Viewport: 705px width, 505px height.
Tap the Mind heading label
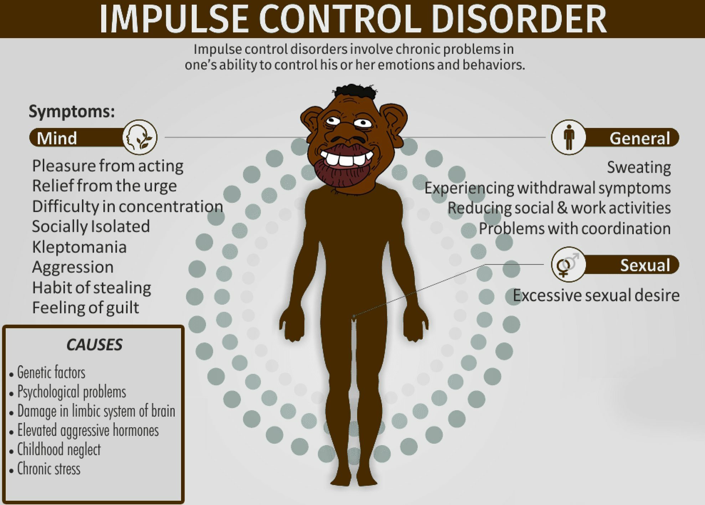pos(57,138)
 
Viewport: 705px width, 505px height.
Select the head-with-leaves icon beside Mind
pos(140,137)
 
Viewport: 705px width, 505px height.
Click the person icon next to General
pos(569,137)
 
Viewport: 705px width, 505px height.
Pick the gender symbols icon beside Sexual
pos(568,264)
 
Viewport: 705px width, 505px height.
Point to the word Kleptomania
pos(79,247)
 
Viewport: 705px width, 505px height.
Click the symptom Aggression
pos(73,267)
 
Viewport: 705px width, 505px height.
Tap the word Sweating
pos(639,168)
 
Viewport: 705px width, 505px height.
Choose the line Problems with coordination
pos(575,229)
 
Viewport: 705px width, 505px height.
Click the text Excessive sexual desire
pos(596,295)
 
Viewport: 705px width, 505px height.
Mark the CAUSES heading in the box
pos(94,345)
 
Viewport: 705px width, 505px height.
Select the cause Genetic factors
pos(51,372)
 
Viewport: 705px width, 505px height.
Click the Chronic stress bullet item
pos(49,469)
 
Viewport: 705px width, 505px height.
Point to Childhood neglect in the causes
pos(59,449)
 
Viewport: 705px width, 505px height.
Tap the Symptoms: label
pos(72,112)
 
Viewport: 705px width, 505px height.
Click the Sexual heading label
pos(645,266)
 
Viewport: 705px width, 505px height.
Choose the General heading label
pos(640,138)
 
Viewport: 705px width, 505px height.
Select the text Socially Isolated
pos(91,227)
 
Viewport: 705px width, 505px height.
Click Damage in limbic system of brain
pos(96,411)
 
